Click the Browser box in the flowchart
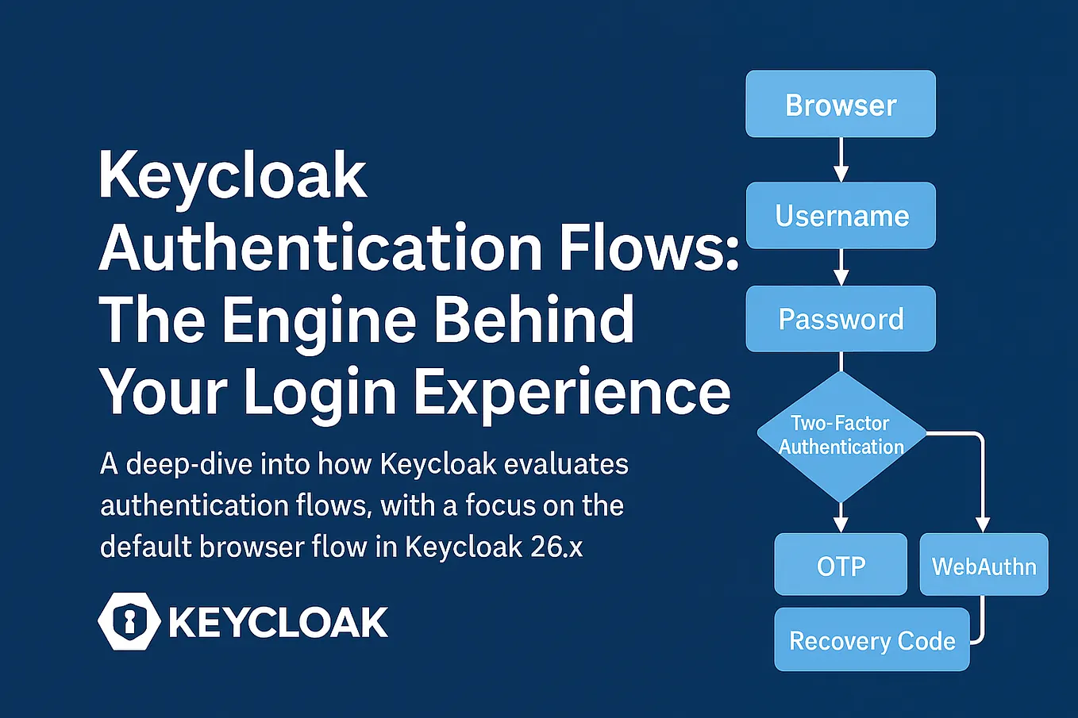point(841,104)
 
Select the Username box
point(841,216)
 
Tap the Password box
point(841,319)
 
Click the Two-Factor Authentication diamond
point(841,436)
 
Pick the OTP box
point(841,565)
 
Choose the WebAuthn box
point(984,565)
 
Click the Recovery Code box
point(872,639)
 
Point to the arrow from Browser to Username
point(841,159)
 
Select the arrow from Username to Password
point(841,267)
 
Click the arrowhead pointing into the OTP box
point(841,524)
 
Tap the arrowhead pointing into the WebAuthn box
point(982,524)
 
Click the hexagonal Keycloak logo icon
point(129,621)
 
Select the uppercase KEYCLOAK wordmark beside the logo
point(279,622)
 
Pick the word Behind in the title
point(534,319)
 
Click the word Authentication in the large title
point(321,248)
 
